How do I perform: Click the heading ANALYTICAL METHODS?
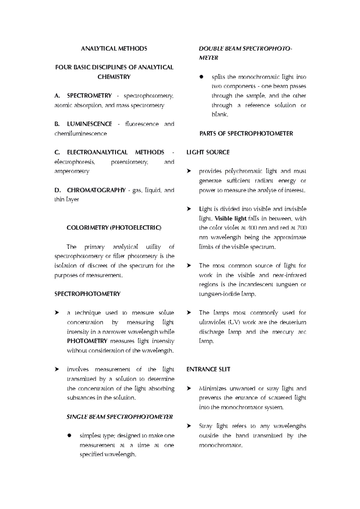tap(114, 49)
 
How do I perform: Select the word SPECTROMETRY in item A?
tap(89, 96)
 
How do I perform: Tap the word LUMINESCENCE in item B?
tap(89, 124)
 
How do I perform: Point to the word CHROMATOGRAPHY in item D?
tap(96, 190)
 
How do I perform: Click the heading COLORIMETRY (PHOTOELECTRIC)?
tap(114, 228)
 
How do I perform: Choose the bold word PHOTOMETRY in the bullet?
tap(87, 341)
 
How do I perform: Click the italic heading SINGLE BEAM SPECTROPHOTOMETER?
tap(120, 417)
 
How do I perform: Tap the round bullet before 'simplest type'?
tap(70, 436)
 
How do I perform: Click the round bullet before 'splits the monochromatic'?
tap(202, 77)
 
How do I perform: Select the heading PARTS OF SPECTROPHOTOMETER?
tap(246, 133)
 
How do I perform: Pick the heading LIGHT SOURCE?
tap(208, 152)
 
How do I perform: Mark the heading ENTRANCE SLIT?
tap(208, 370)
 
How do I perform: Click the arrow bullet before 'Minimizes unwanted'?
tap(189, 388)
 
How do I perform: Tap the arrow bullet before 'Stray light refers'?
tap(189, 426)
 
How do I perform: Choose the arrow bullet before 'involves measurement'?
tap(56, 370)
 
